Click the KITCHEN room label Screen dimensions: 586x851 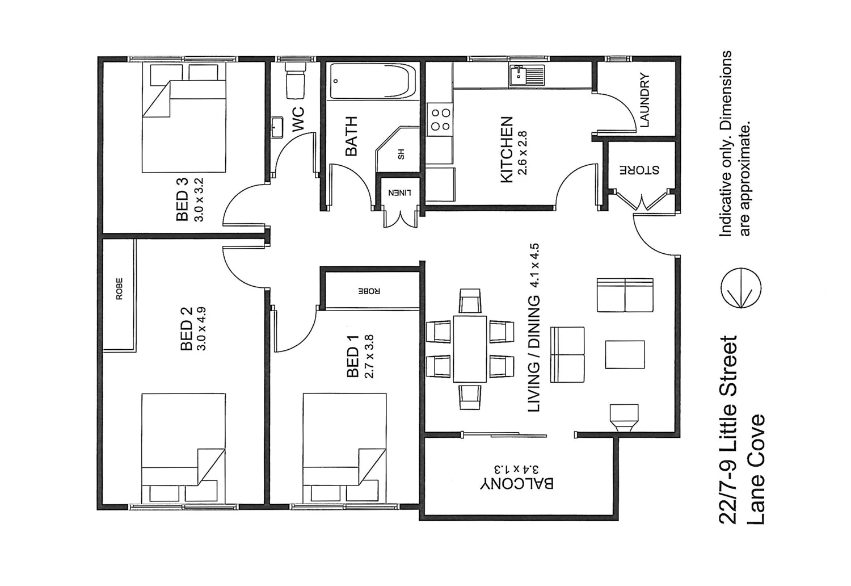point(506,150)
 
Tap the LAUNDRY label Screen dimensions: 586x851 point(644,100)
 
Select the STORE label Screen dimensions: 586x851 point(639,170)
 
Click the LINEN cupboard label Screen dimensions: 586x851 point(399,192)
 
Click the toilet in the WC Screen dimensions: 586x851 point(294,80)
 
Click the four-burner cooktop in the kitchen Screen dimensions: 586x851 point(440,119)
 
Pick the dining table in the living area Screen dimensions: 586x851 point(470,349)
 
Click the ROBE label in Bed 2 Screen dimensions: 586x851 point(119,288)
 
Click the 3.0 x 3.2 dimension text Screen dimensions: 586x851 point(198,200)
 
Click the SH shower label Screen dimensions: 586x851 point(401,154)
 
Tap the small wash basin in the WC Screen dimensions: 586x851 point(277,128)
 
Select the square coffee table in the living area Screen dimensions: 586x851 point(625,354)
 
